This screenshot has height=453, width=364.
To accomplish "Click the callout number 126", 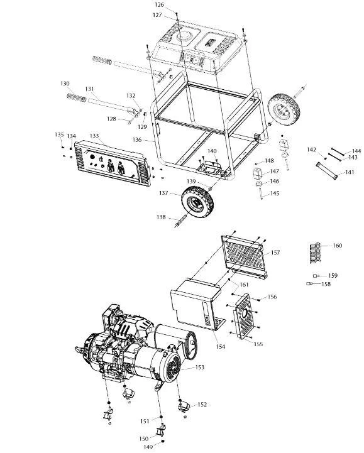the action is click(159, 4).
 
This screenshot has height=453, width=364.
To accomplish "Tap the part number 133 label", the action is click(94, 136).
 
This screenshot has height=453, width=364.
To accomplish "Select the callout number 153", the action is click(200, 367).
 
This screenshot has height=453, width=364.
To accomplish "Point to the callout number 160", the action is click(338, 245).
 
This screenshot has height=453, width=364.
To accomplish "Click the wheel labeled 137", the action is click(198, 201).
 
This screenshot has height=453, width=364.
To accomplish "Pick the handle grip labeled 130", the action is click(77, 97).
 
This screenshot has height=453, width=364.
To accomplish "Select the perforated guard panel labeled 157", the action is click(245, 256).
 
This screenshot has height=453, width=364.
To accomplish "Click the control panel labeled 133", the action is click(113, 163).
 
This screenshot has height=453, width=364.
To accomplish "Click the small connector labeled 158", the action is click(310, 284).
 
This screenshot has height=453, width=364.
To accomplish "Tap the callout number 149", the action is click(148, 447).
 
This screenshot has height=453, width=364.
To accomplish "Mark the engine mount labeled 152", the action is click(183, 407).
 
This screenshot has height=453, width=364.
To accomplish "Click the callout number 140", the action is click(212, 151).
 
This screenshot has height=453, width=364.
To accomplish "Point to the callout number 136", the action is click(137, 140).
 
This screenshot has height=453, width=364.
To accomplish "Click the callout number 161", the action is click(244, 285).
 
